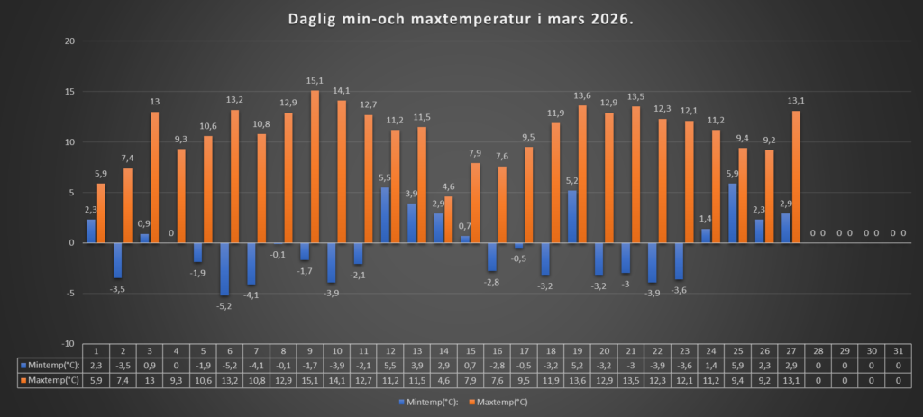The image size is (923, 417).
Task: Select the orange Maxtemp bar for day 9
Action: point(315,167)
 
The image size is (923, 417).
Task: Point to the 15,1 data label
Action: point(315,82)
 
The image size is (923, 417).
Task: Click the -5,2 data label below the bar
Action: point(224,304)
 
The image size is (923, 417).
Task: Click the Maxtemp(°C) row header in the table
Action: point(50,381)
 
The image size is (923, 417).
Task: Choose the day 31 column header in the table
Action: point(898,351)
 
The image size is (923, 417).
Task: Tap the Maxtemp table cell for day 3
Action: point(149,381)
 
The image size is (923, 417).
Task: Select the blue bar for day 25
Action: point(733,213)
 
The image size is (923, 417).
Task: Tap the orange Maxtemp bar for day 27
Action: point(796,177)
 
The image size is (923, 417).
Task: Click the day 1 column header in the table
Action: point(96,351)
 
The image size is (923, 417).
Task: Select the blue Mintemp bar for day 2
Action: point(117,260)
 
